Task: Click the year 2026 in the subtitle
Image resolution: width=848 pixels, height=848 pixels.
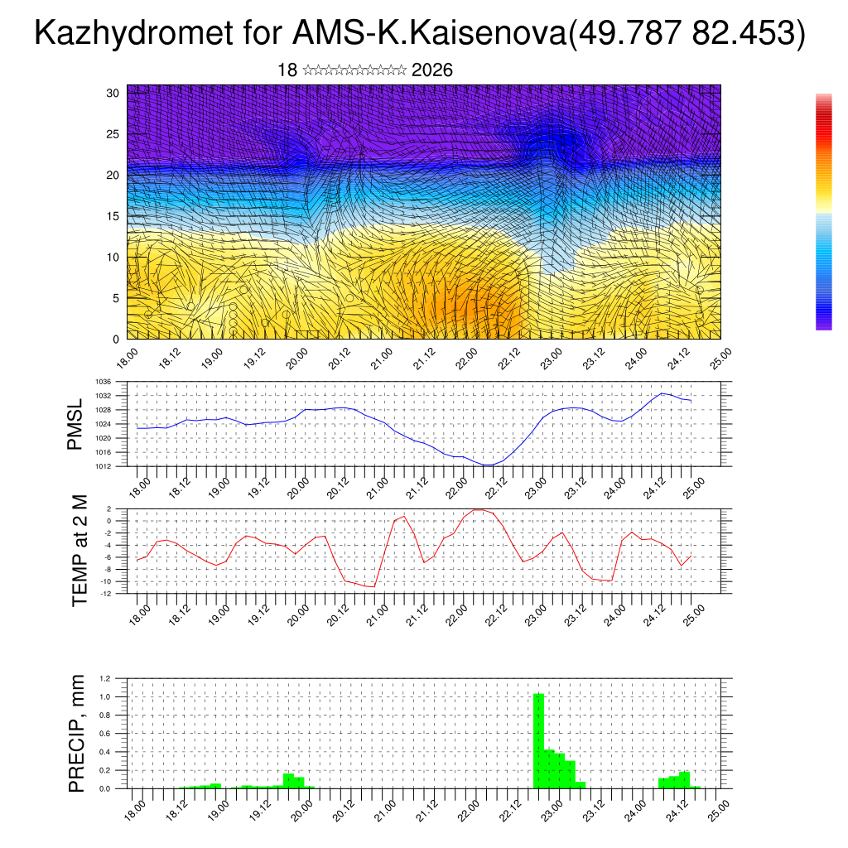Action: point(431,70)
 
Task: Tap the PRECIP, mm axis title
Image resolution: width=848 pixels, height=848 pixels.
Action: point(77,732)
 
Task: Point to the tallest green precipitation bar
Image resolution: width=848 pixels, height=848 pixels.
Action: point(538,740)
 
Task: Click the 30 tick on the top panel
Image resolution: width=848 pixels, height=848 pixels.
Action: point(113,93)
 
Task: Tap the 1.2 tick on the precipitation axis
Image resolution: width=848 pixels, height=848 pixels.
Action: point(106,678)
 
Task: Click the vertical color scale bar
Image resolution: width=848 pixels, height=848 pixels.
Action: point(823,212)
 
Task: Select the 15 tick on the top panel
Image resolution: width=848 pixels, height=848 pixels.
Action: point(113,216)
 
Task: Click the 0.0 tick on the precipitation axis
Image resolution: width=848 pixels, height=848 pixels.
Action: point(106,789)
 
